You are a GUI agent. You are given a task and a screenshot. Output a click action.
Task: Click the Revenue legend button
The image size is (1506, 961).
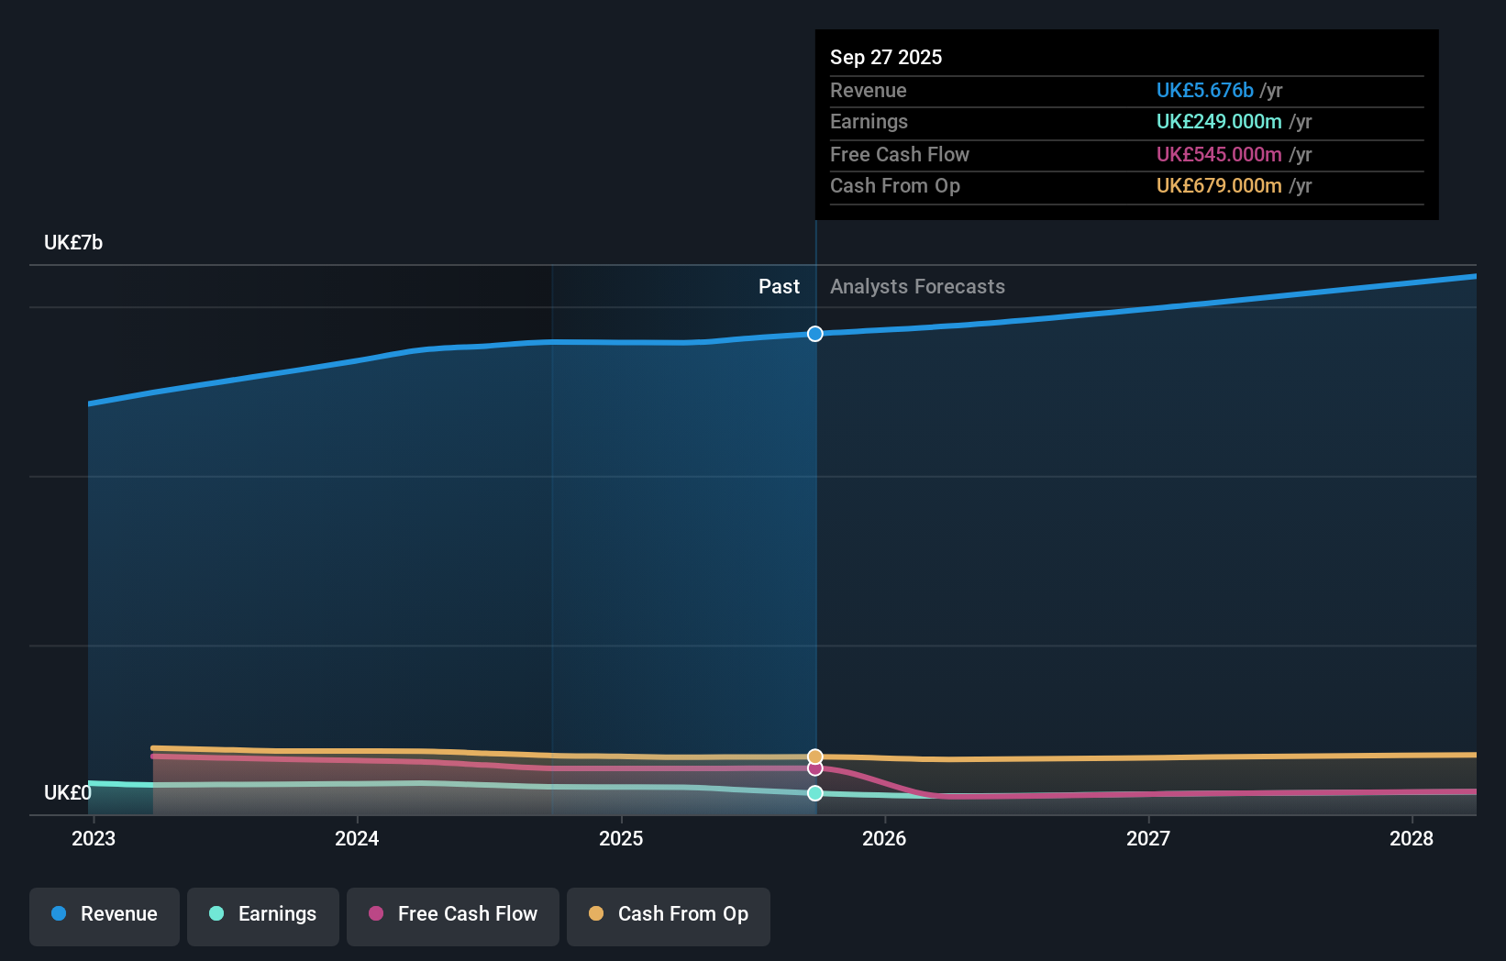pos(105,915)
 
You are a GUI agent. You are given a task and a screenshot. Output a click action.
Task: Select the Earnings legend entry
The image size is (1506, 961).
pos(263,915)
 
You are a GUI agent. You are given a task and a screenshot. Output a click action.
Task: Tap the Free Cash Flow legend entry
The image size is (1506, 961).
pos(453,915)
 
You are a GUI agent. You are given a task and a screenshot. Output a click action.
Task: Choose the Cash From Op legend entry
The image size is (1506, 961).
pos(669,915)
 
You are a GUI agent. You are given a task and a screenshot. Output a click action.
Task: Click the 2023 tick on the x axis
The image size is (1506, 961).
pos(94,838)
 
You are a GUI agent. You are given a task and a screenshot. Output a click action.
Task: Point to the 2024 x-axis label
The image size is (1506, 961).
pos(357,838)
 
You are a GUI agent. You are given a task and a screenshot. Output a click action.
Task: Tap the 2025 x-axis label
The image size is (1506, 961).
pos(621,838)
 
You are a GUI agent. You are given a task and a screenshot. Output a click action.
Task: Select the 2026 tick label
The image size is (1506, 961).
pos(884,838)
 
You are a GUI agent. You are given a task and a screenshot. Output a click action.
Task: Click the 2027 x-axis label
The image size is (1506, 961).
pos(1148,838)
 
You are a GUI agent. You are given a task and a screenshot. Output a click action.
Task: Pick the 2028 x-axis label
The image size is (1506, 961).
pos(1412,838)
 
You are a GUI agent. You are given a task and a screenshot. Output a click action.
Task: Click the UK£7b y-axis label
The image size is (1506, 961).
pos(73,243)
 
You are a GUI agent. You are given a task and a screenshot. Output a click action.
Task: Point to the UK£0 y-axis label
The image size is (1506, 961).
pos(68,792)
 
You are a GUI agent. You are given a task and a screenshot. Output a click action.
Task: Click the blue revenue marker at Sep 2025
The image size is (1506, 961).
pos(815,334)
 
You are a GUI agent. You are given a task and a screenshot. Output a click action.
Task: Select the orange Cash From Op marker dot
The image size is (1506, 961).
pos(815,757)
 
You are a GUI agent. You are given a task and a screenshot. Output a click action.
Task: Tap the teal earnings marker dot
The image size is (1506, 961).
pos(815,793)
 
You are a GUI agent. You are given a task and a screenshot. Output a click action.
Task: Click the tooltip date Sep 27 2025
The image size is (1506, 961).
pos(886,57)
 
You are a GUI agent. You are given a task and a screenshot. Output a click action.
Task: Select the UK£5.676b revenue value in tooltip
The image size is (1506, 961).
pos(1204,90)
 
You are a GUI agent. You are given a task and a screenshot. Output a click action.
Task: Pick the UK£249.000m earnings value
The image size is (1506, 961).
pos(1219,122)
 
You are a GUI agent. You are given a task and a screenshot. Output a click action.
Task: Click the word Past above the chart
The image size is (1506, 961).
pos(779,287)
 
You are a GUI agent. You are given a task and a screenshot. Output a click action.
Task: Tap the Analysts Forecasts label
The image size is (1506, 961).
pos(917,287)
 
